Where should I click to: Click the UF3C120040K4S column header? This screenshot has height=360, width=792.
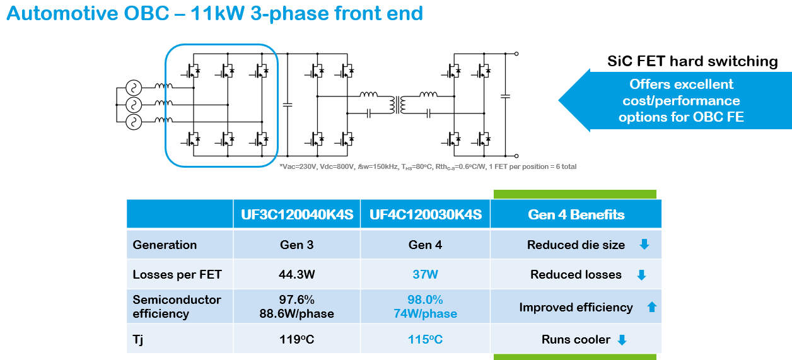(x=297, y=214)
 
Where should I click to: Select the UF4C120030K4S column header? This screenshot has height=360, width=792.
(x=426, y=214)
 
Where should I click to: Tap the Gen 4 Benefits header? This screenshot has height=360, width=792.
(x=576, y=214)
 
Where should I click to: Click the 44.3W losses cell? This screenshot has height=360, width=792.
(x=296, y=274)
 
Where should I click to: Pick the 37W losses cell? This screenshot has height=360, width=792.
(x=426, y=274)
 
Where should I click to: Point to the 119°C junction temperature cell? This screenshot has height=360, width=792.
(x=296, y=339)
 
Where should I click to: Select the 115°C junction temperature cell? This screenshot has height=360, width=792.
(x=426, y=339)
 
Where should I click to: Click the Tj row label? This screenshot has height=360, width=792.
(x=138, y=340)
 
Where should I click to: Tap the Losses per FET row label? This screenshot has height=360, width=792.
(x=177, y=274)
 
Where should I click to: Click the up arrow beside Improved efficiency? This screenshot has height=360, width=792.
(x=652, y=307)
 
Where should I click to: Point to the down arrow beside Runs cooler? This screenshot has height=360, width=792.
(x=622, y=340)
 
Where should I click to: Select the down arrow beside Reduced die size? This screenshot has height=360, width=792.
(x=644, y=244)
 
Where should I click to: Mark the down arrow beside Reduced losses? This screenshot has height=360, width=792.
(x=641, y=275)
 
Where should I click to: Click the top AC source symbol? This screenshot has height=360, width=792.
(x=134, y=88)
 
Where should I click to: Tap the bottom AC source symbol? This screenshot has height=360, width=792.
(x=134, y=122)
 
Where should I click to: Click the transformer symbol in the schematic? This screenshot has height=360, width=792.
(x=398, y=105)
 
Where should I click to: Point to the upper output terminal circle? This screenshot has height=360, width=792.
(x=516, y=54)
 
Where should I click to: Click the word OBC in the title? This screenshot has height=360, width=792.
(x=147, y=13)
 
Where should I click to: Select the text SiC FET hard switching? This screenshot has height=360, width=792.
(x=692, y=61)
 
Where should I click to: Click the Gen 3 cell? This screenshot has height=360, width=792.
(x=296, y=245)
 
